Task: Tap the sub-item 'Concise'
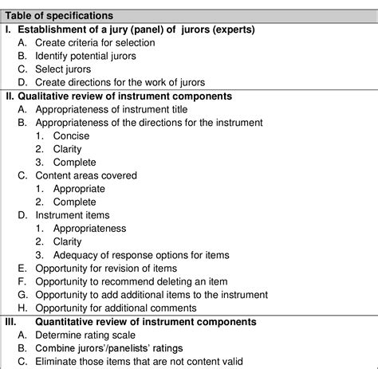pyautogui.click(x=73, y=135)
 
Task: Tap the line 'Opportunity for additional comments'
pyautogui.click(x=126, y=308)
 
